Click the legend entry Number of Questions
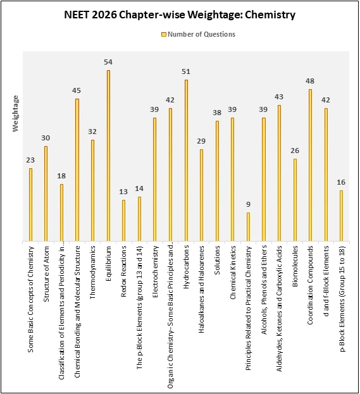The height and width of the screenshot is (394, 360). click(198, 34)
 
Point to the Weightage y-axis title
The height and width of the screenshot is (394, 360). click(16, 113)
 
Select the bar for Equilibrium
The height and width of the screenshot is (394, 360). click(108, 156)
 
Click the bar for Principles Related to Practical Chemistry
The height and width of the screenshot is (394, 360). click(248, 226)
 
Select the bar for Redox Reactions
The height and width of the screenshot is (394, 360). click(124, 220)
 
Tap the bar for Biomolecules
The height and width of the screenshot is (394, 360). click(295, 199)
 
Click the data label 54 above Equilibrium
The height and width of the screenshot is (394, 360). click(108, 62)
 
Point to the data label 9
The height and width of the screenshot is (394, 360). click(248, 204)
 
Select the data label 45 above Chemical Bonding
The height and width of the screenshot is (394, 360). click(77, 90)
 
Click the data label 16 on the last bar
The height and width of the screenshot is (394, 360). click(341, 182)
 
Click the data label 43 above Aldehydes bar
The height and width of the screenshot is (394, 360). click(279, 97)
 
